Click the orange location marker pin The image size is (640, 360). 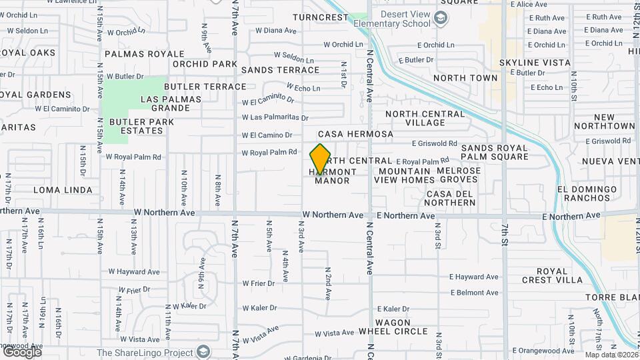(x=321, y=160)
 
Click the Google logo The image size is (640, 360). (x=21, y=351)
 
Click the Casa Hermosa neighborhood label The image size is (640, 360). (x=355, y=134)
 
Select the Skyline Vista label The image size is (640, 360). (x=535, y=63)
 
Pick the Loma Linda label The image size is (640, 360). (x=62, y=190)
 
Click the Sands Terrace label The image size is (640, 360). (x=280, y=70)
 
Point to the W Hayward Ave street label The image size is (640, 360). (x=134, y=272)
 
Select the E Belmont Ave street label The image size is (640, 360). (x=474, y=293)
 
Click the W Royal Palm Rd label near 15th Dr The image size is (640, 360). (x=133, y=157)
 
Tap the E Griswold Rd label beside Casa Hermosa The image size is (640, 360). (x=434, y=143)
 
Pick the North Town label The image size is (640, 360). (x=465, y=78)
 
